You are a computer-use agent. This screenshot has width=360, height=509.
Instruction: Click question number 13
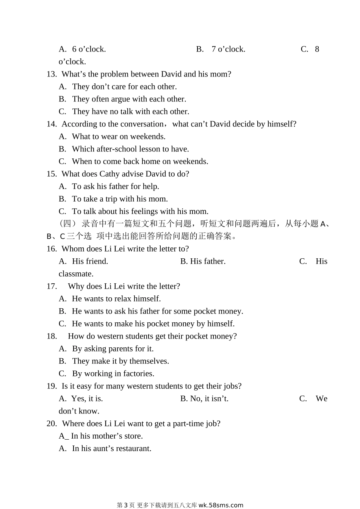click(x=52, y=74)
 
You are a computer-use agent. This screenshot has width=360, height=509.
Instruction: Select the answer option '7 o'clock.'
click(x=228, y=49)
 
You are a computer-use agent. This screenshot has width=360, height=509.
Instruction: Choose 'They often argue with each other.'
click(x=129, y=99)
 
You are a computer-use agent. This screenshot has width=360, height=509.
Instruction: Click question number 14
click(x=52, y=124)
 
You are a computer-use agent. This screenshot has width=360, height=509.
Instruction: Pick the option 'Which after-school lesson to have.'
click(x=130, y=149)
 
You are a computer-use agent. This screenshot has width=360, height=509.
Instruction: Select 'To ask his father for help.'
click(x=115, y=186)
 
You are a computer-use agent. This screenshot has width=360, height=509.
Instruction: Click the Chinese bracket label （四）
click(x=68, y=224)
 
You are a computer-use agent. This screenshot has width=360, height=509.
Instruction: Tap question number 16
click(x=52, y=249)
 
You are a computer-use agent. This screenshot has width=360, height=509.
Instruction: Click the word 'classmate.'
click(x=76, y=274)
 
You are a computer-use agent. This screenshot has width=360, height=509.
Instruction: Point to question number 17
click(x=52, y=286)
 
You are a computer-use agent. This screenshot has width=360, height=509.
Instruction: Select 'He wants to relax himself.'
click(x=116, y=299)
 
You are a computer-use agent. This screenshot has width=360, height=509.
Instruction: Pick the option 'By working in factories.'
click(x=113, y=374)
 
